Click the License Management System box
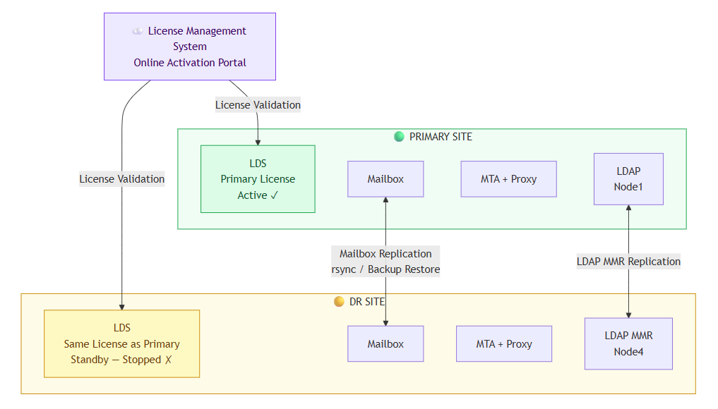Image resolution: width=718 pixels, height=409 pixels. click(x=190, y=47)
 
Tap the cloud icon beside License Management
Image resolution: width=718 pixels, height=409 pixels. click(x=138, y=31)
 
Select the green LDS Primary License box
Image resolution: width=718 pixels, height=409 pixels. click(x=258, y=179)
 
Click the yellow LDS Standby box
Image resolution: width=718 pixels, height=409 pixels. click(x=122, y=343)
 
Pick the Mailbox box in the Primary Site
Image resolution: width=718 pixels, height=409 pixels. click(x=385, y=179)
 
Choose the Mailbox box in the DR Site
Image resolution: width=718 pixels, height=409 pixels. click(x=385, y=343)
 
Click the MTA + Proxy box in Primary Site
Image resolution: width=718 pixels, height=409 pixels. click(x=509, y=179)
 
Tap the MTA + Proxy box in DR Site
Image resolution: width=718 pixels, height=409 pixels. click(x=504, y=343)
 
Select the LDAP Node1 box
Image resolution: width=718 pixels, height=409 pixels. click(x=628, y=179)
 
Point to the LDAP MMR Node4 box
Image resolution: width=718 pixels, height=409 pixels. click(x=628, y=343)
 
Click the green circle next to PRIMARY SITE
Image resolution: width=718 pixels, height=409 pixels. click(x=399, y=136)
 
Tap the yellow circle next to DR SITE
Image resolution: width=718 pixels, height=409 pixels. click(x=339, y=302)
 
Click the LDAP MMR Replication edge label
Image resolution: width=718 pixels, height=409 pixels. click(x=628, y=261)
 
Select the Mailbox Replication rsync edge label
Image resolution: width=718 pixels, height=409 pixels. click(x=385, y=261)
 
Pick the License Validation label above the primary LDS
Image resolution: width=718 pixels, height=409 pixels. click(x=258, y=105)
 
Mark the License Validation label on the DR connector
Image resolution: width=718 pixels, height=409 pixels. click(x=122, y=179)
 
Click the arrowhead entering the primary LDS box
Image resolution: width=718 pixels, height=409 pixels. click(x=258, y=142)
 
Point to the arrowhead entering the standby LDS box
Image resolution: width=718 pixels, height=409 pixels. click(x=122, y=307)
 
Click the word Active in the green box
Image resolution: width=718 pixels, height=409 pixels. click(x=252, y=195)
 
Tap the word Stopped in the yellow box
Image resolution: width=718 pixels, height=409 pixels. click(x=141, y=360)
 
